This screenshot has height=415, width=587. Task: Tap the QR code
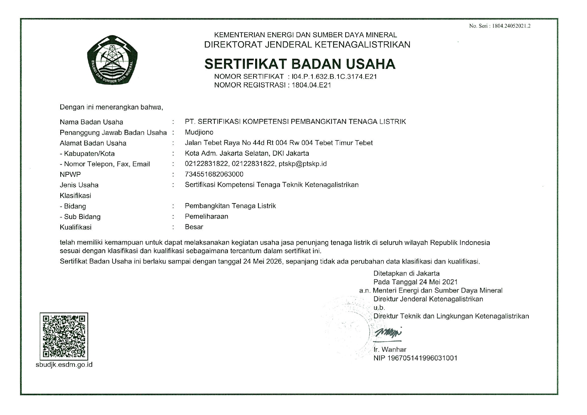click(64, 336)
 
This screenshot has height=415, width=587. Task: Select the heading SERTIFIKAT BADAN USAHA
click(300, 64)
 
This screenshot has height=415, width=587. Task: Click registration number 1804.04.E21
click(311, 85)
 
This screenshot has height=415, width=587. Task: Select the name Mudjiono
click(199, 132)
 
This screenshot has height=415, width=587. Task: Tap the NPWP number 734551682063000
click(214, 174)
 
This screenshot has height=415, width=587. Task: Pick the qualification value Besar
click(194, 227)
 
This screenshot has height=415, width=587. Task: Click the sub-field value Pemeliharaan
click(206, 216)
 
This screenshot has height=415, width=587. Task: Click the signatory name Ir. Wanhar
click(390, 349)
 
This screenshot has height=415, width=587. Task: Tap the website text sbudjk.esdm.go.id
click(64, 364)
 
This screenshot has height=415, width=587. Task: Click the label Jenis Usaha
click(79, 185)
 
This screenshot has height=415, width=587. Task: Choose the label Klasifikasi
click(75, 195)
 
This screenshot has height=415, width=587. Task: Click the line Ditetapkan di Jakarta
click(406, 273)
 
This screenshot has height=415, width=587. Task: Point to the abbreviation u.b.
click(379, 308)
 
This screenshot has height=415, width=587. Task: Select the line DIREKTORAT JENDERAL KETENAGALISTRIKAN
click(307, 45)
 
